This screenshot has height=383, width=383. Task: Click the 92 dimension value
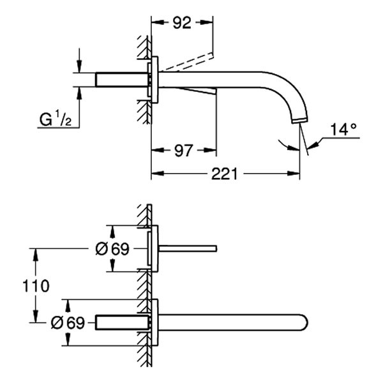pos(182,24)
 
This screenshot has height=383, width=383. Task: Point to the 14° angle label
pos(343,130)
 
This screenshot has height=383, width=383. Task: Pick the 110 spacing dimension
pos(34,285)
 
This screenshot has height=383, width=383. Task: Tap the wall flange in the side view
pos(154,80)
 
